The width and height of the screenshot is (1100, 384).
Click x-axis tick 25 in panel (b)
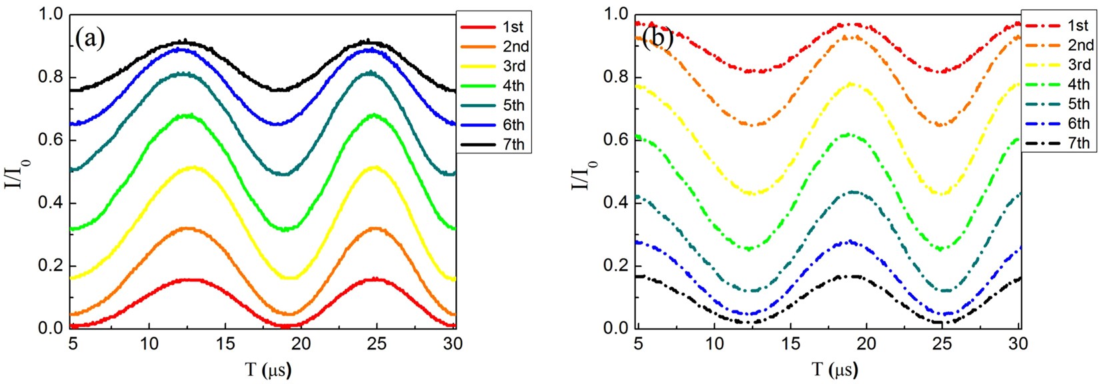(942, 343)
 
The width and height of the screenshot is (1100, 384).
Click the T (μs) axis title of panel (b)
(829, 369)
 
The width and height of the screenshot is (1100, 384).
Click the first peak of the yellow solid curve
(193, 167)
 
